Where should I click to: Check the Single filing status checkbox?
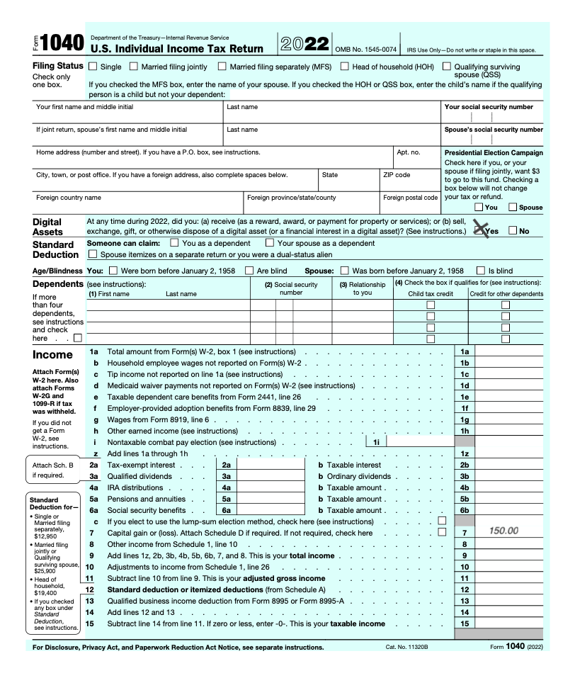93,67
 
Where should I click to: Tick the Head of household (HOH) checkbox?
345,67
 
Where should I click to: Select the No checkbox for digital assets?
513,230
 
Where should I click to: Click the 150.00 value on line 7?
503,531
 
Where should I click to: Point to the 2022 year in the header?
304,44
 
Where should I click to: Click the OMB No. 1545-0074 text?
365,50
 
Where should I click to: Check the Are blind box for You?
249,270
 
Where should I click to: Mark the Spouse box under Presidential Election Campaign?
513,207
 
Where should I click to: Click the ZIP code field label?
397,174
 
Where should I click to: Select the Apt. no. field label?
408,152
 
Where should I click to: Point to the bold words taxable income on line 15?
358,623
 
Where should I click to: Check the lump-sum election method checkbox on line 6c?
442,521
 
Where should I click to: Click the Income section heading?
52,354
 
